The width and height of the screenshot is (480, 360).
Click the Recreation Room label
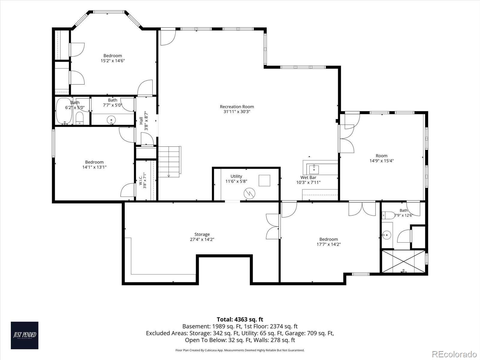[x=237, y=107]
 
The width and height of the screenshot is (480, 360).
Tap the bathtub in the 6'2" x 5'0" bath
[x=64, y=111]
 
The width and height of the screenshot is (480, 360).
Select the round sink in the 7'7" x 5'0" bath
[x=111, y=120]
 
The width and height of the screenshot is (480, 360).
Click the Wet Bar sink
[x=314, y=169]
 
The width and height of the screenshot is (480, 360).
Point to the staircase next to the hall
[x=169, y=162]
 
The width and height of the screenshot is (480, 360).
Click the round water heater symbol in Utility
[x=249, y=193]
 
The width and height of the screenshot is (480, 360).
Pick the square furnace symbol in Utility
[x=264, y=181]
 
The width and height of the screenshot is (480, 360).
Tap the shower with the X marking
[x=403, y=261]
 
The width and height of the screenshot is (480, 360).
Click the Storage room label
[x=202, y=234]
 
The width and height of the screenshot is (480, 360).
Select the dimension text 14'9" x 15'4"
[x=382, y=161]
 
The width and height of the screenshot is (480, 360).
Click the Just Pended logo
[x=25, y=335]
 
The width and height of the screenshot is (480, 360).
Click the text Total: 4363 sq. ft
[x=240, y=319]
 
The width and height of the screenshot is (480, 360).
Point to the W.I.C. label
[x=141, y=179]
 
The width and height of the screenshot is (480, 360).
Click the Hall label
[x=141, y=121]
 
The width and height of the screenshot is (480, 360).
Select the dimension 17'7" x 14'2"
[x=329, y=244]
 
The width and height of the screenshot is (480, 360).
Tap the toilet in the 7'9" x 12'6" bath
[x=388, y=215]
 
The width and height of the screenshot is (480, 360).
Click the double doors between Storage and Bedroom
[x=273, y=226]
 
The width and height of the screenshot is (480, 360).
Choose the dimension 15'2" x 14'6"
[x=112, y=61]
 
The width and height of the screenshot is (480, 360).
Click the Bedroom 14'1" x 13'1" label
[x=94, y=165]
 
